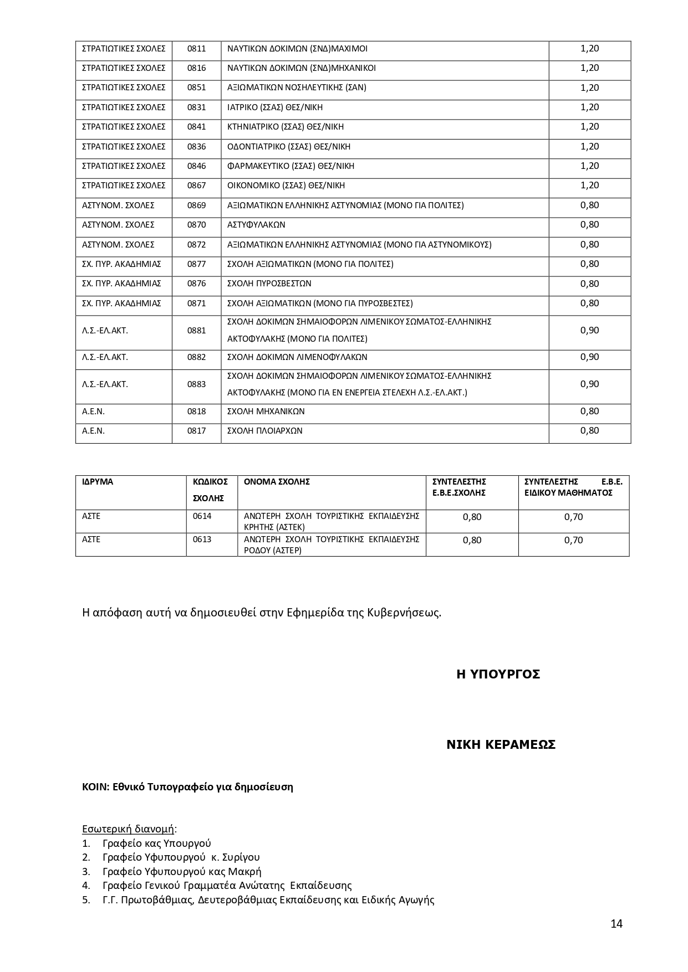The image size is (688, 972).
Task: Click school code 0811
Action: click(x=196, y=49)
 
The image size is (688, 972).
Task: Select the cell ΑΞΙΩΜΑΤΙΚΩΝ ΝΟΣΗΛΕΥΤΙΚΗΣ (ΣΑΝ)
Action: click(x=297, y=88)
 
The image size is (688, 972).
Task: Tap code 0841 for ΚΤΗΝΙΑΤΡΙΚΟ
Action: click(x=196, y=127)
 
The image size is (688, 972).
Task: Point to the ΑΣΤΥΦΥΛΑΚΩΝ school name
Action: click(x=256, y=225)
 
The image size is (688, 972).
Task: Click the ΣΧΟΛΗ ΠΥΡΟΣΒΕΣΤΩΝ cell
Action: click(x=269, y=284)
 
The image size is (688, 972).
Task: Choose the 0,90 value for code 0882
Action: click(x=589, y=357)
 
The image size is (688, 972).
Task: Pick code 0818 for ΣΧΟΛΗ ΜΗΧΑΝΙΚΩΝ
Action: click(x=196, y=412)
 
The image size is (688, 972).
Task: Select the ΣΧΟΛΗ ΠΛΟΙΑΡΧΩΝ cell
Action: click(x=265, y=431)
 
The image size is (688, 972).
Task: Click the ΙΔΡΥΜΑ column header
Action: click(x=98, y=482)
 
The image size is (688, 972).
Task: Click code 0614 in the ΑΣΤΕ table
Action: click(x=202, y=516)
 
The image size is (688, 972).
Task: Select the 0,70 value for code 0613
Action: click(x=573, y=540)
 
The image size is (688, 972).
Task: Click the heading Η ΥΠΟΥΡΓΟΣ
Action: click(x=498, y=674)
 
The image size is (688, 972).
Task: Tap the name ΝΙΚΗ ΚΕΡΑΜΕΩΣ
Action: click(x=501, y=745)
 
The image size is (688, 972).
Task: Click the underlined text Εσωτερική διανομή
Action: click(x=128, y=829)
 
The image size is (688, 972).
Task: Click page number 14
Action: click(x=616, y=923)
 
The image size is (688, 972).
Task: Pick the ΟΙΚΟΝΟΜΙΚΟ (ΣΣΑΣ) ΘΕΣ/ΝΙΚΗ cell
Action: click(x=286, y=186)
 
